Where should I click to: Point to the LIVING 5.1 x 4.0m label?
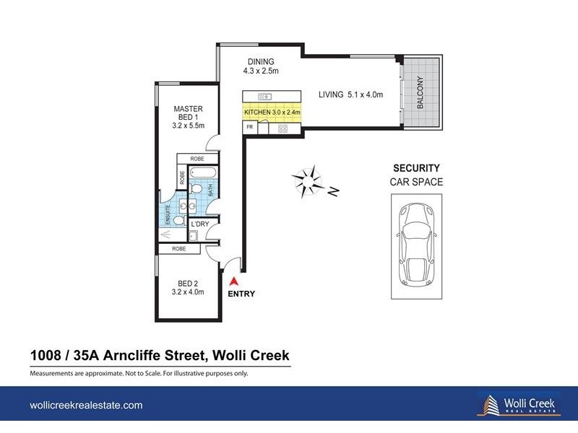[351, 95]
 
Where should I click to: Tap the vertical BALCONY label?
[419, 92]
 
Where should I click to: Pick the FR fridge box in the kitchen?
[249, 128]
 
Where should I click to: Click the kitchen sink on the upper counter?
[264, 96]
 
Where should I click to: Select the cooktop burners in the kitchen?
[282, 128]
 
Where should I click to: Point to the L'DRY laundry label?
[199, 224]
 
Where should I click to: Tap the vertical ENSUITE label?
[168, 214]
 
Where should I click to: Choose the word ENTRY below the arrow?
[241, 294]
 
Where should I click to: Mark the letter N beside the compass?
[333, 191]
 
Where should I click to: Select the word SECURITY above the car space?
[416, 167]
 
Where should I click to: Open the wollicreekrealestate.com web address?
[85, 406]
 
